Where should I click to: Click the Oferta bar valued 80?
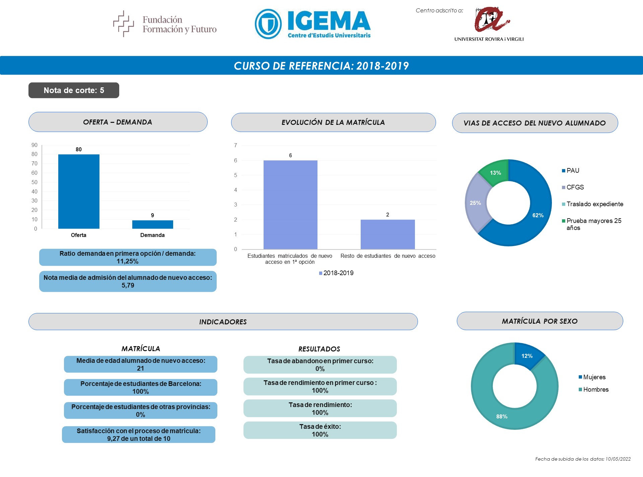[79, 191]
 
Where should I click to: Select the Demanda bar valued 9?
[153, 224]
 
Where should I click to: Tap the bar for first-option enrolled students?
[290, 205]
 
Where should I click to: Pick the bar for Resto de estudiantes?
[388, 234]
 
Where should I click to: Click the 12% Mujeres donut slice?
[527, 355]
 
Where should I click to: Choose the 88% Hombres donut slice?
[502, 415]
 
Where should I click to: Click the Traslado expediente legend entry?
[592, 204]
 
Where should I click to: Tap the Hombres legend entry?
[593, 390]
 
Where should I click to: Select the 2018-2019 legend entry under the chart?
[336, 273]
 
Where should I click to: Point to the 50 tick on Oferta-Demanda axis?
[34, 182]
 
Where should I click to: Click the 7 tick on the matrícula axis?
[235, 145]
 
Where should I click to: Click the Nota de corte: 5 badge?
[74, 90]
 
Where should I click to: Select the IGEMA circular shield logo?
[268, 24]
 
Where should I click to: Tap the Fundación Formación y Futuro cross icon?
[123, 23]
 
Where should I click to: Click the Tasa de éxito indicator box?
[320, 430]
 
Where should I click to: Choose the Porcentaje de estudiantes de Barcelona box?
[141, 387]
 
